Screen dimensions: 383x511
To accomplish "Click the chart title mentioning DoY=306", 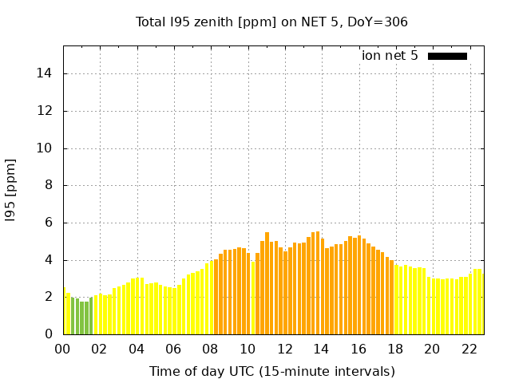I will (x=271, y=22).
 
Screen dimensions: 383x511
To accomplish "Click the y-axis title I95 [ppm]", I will (x=11, y=190).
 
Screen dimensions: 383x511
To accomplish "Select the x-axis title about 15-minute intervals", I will (x=271, y=371).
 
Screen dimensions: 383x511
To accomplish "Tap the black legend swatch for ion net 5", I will (x=447, y=56).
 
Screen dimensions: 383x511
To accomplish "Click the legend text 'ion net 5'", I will (x=390, y=56).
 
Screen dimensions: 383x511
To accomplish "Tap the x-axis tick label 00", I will (x=63, y=349).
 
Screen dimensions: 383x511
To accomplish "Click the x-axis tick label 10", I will (x=248, y=349).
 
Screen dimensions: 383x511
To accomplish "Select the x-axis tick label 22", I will (x=469, y=349).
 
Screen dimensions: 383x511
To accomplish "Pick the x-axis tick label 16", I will (x=358, y=349).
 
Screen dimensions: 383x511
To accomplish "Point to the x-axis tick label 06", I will (x=173, y=349).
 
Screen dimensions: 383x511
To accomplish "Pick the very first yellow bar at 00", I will (x=64, y=312).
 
